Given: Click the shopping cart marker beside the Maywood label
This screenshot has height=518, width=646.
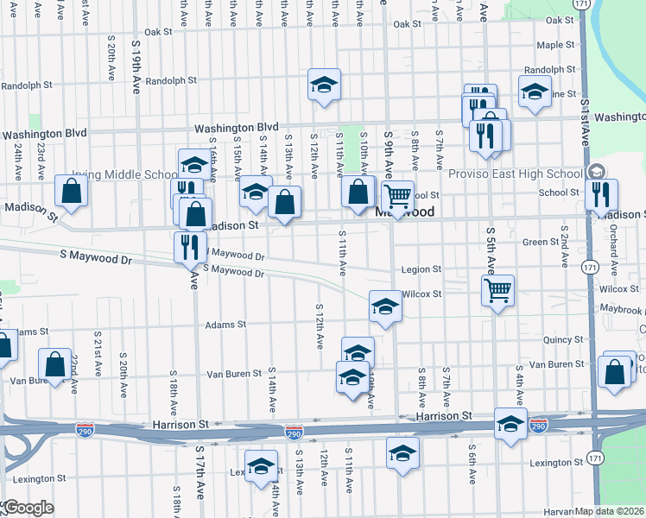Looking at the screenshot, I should click(x=397, y=197).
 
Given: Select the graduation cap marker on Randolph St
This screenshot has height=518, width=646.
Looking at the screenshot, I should click(x=325, y=85).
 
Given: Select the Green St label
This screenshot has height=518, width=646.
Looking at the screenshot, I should click(x=543, y=243).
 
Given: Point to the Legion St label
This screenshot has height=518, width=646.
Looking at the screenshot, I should click(x=420, y=269).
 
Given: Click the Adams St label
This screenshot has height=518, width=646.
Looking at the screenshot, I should click(x=225, y=325).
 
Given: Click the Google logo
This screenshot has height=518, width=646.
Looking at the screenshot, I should click(x=28, y=507).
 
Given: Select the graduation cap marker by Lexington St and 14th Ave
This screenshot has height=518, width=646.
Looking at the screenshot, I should click(x=261, y=466).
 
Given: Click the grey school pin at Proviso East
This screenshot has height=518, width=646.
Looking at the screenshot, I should click(x=595, y=170).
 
